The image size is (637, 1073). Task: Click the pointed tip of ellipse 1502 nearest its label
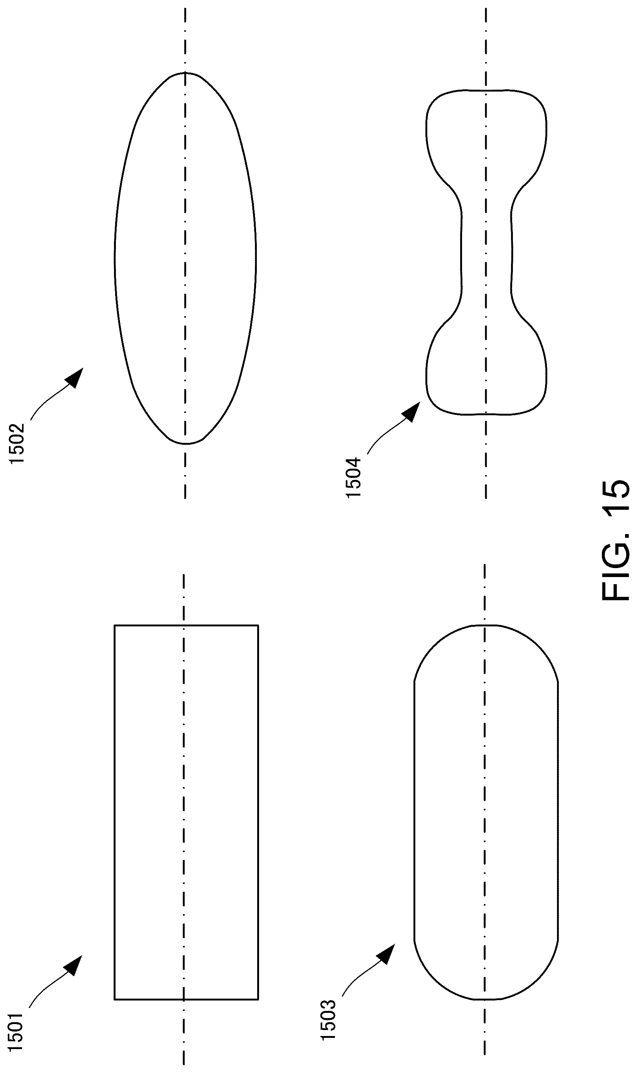[185, 444]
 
